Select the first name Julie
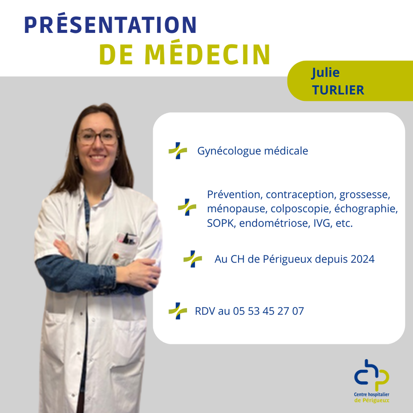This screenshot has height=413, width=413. tap(326, 73)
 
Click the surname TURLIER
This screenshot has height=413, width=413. tap(338, 90)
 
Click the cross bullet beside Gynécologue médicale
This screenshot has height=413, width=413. tap(178, 151)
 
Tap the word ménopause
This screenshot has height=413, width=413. tap(237, 209)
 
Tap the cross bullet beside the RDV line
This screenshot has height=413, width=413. tap(178, 311)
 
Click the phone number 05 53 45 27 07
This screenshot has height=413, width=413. tap(268, 311)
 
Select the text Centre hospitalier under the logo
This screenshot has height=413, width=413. tap(372, 395)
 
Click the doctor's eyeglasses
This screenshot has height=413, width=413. tap(97, 137)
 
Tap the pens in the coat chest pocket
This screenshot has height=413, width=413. tap(127, 239)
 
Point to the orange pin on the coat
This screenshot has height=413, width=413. tap(115, 256)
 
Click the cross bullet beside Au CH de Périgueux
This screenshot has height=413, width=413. tap(193, 259)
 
